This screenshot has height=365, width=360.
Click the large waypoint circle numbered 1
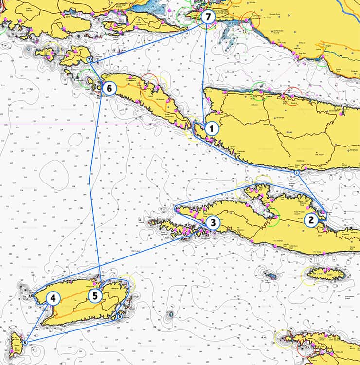coord(211,128)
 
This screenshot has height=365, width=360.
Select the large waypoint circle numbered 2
coord(311,220)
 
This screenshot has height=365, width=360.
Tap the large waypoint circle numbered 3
coord(213,223)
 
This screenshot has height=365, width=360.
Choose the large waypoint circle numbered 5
coord(96,295)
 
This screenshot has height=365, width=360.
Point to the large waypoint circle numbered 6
coord(109,89)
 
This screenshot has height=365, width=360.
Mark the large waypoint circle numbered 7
coord(208,17)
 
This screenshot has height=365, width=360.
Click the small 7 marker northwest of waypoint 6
coord(89,60)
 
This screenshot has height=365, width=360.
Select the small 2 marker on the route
coord(296,173)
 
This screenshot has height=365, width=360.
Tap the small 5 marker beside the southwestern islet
coord(24,343)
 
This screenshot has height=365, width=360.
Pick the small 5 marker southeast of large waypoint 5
coord(120,317)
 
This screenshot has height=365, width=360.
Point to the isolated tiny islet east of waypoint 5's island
coord(170,315)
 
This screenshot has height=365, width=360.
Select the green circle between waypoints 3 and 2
coord(271,217)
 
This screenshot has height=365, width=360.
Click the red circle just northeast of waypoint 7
coord(251,20)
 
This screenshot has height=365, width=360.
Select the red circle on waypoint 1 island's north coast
coord(292,94)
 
